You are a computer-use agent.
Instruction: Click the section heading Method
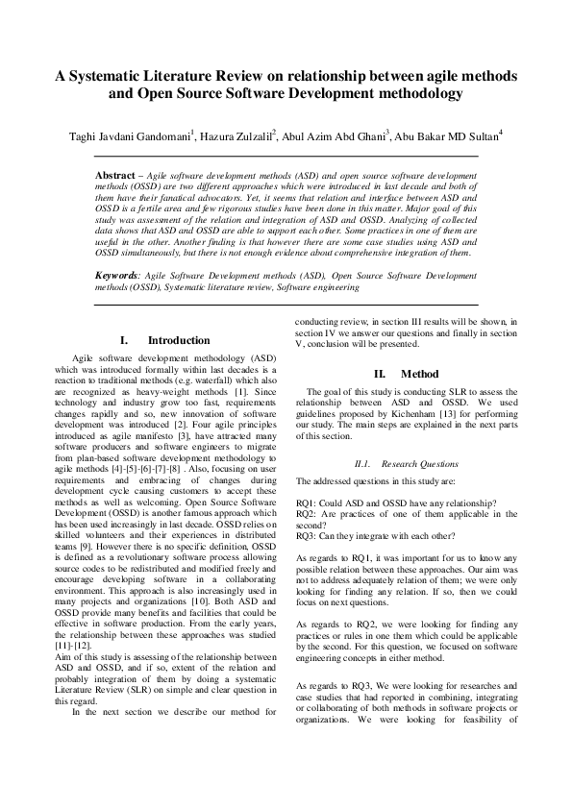pos(419,374)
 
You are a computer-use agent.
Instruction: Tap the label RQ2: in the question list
pos(308,515)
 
